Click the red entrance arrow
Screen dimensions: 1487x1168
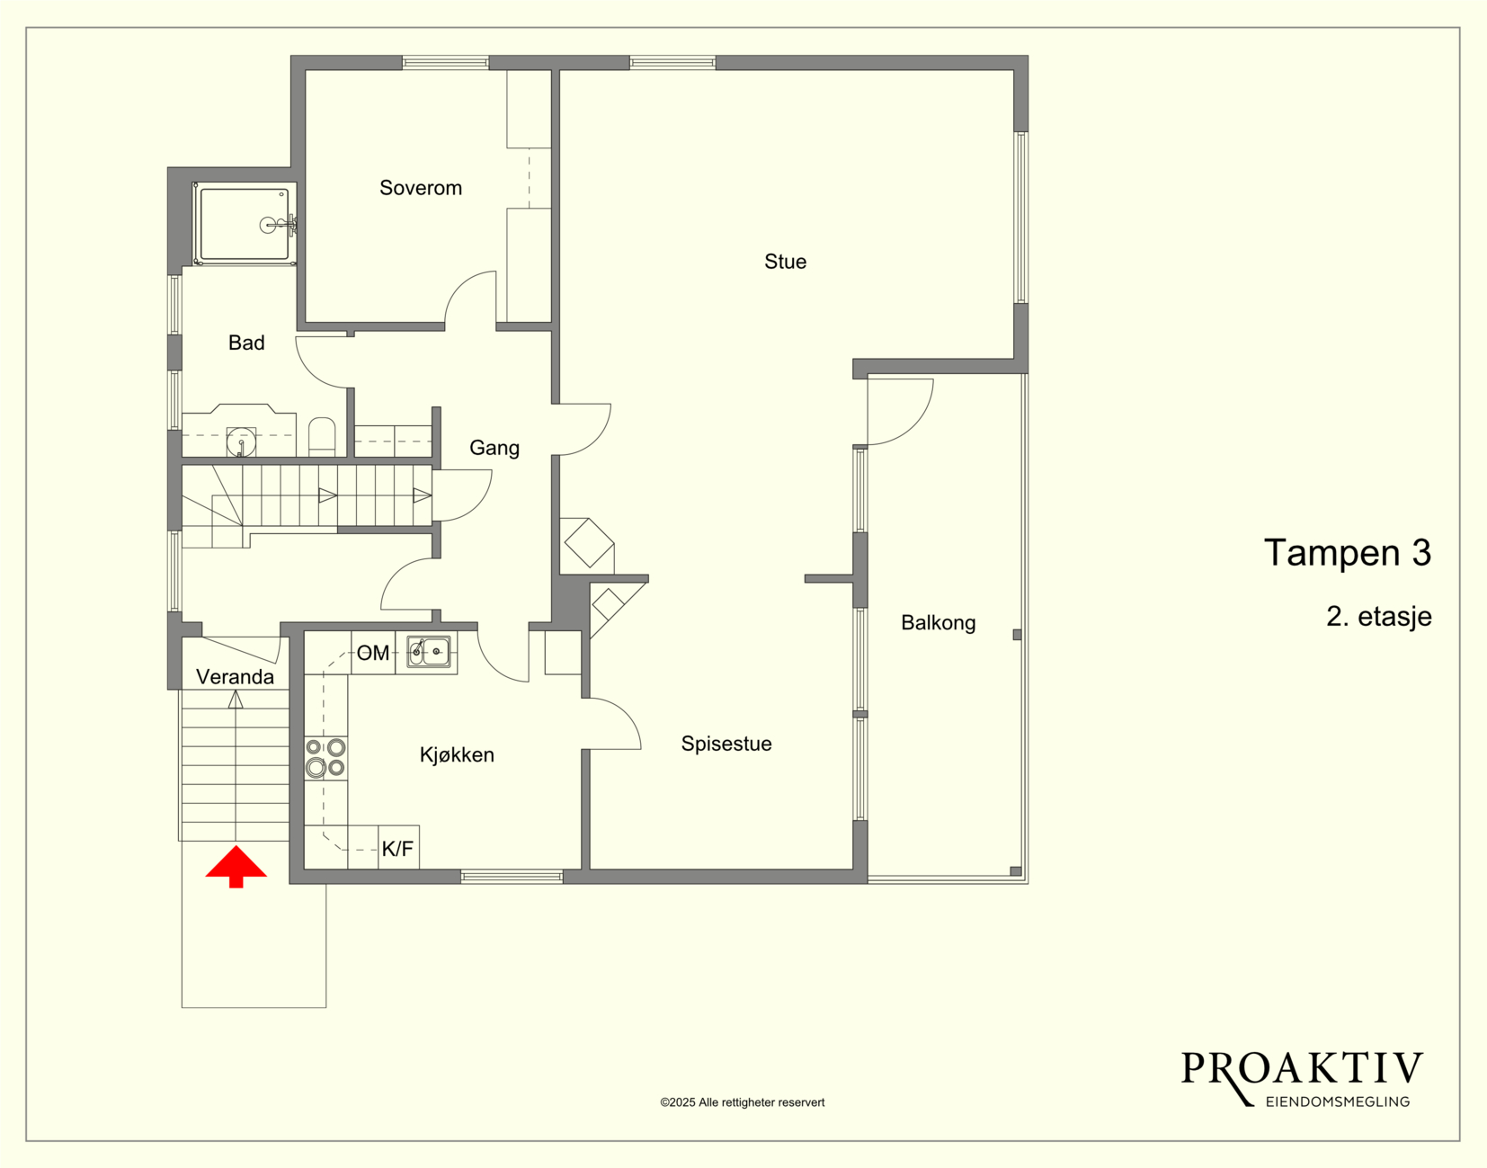(x=236, y=866)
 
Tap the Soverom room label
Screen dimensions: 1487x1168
(x=421, y=188)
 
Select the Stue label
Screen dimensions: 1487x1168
(x=785, y=262)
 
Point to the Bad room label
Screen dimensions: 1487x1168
(x=246, y=342)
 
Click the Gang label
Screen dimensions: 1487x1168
(x=494, y=448)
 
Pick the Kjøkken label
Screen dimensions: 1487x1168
(x=457, y=754)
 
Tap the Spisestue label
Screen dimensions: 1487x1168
(x=726, y=744)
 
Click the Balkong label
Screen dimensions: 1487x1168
(x=939, y=622)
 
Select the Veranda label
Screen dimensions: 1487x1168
(x=235, y=677)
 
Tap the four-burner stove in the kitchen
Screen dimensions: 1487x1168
(x=325, y=757)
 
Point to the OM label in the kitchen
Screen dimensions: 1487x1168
(x=373, y=653)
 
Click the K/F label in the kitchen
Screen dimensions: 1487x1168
(x=397, y=849)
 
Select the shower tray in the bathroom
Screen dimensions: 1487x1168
(x=245, y=224)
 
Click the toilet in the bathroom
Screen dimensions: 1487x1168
(x=322, y=437)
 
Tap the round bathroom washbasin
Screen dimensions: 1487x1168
(x=241, y=442)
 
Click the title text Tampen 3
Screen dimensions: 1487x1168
(x=1348, y=552)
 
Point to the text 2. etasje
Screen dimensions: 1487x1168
(x=1379, y=617)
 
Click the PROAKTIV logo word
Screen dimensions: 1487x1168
(x=1302, y=1068)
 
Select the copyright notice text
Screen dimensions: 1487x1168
(x=743, y=1102)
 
